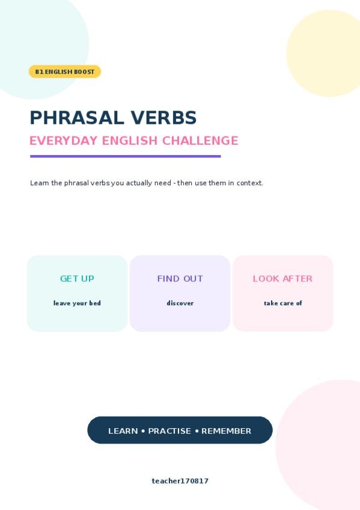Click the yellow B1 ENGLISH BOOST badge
pyautogui.click(x=65, y=72)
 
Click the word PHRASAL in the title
pyautogui.click(x=77, y=118)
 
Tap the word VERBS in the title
pyautogui.click(x=163, y=118)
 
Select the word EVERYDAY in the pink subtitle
pyautogui.click(x=64, y=141)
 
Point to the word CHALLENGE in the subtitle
pyautogui.click(x=200, y=141)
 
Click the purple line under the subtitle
pyautogui.click(x=126, y=156)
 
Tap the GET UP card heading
pyautogui.click(x=77, y=278)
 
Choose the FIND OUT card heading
pyautogui.click(x=180, y=278)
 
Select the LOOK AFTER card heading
pyautogui.click(x=282, y=278)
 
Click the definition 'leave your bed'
pyautogui.click(x=77, y=303)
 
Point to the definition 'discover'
pyautogui.click(x=180, y=303)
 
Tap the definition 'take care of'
pyautogui.click(x=283, y=303)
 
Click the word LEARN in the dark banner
pyautogui.click(x=123, y=431)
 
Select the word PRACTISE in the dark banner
pyautogui.click(x=169, y=431)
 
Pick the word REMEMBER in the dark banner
pyautogui.click(x=226, y=431)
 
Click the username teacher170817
pyautogui.click(x=180, y=481)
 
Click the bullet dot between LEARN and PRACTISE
pyautogui.click(x=143, y=431)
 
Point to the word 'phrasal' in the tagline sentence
pyautogui.click(x=76, y=183)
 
